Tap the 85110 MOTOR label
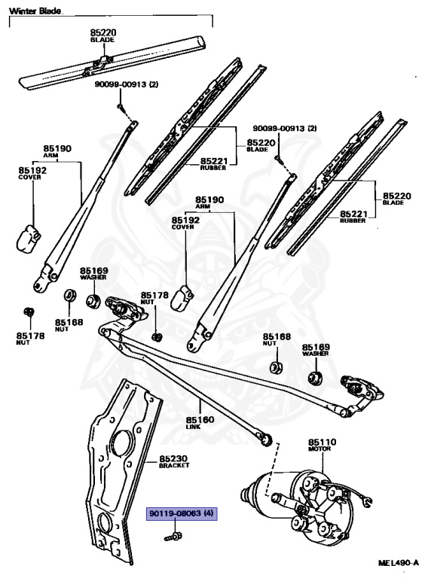[x=322, y=445]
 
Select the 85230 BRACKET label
[x=174, y=461]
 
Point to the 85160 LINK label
[x=200, y=422]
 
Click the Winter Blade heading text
[x=35, y=11]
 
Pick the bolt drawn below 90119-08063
[x=173, y=537]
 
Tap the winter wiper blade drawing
[x=112, y=62]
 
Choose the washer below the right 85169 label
[x=315, y=378]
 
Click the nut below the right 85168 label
[x=275, y=367]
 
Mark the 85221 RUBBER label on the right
[x=353, y=217]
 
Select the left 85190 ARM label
[x=57, y=151]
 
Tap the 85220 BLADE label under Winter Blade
[x=102, y=36]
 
